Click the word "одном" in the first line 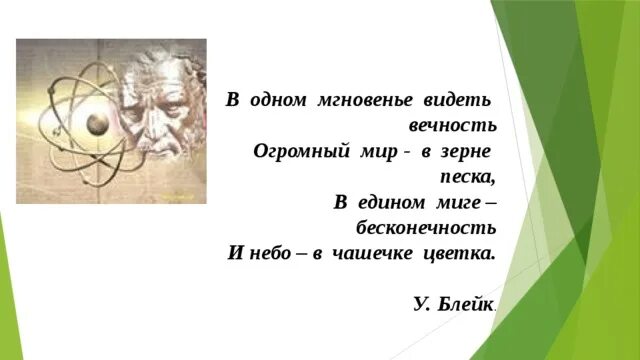pyautogui.click(x=276, y=102)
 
